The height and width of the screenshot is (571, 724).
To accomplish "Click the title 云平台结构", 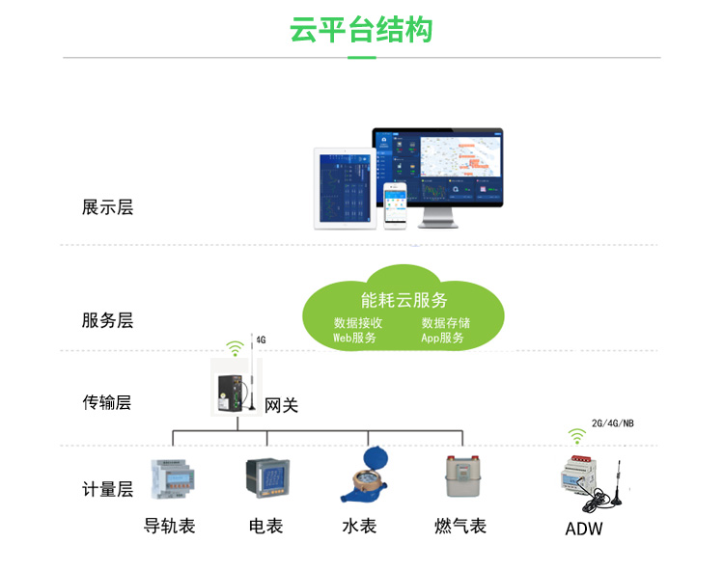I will pyautogui.click(x=361, y=30).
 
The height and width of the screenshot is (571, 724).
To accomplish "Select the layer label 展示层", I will pyautogui.click(x=107, y=206).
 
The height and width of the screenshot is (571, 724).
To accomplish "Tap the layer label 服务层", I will pyautogui.click(x=107, y=320).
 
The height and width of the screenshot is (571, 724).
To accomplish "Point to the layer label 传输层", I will pyautogui.click(x=107, y=402).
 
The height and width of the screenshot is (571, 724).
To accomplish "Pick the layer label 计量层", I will pyautogui.click(x=107, y=489).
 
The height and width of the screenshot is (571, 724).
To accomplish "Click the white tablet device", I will pyautogui.click(x=343, y=187).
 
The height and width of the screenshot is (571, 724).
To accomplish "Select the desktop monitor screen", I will pyautogui.click(x=439, y=168).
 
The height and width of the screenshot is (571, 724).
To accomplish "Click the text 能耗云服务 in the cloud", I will pyautogui.click(x=404, y=300).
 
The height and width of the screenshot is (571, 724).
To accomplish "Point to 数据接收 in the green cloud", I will pyautogui.click(x=358, y=323).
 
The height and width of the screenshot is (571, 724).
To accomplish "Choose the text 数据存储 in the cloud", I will pyautogui.click(x=445, y=323).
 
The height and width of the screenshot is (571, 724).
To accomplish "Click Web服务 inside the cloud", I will pyautogui.click(x=355, y=339).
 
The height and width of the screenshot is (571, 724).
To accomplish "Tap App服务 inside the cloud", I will pyautogui.click(x=442, y=339).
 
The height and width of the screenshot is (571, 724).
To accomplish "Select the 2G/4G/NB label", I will pyautogui.click(x=613, y=423).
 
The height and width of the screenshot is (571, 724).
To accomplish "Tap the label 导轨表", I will pyautogui.click(x=170, y=526).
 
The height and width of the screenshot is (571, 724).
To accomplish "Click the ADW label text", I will pyautogui.click(x=583, y=529).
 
